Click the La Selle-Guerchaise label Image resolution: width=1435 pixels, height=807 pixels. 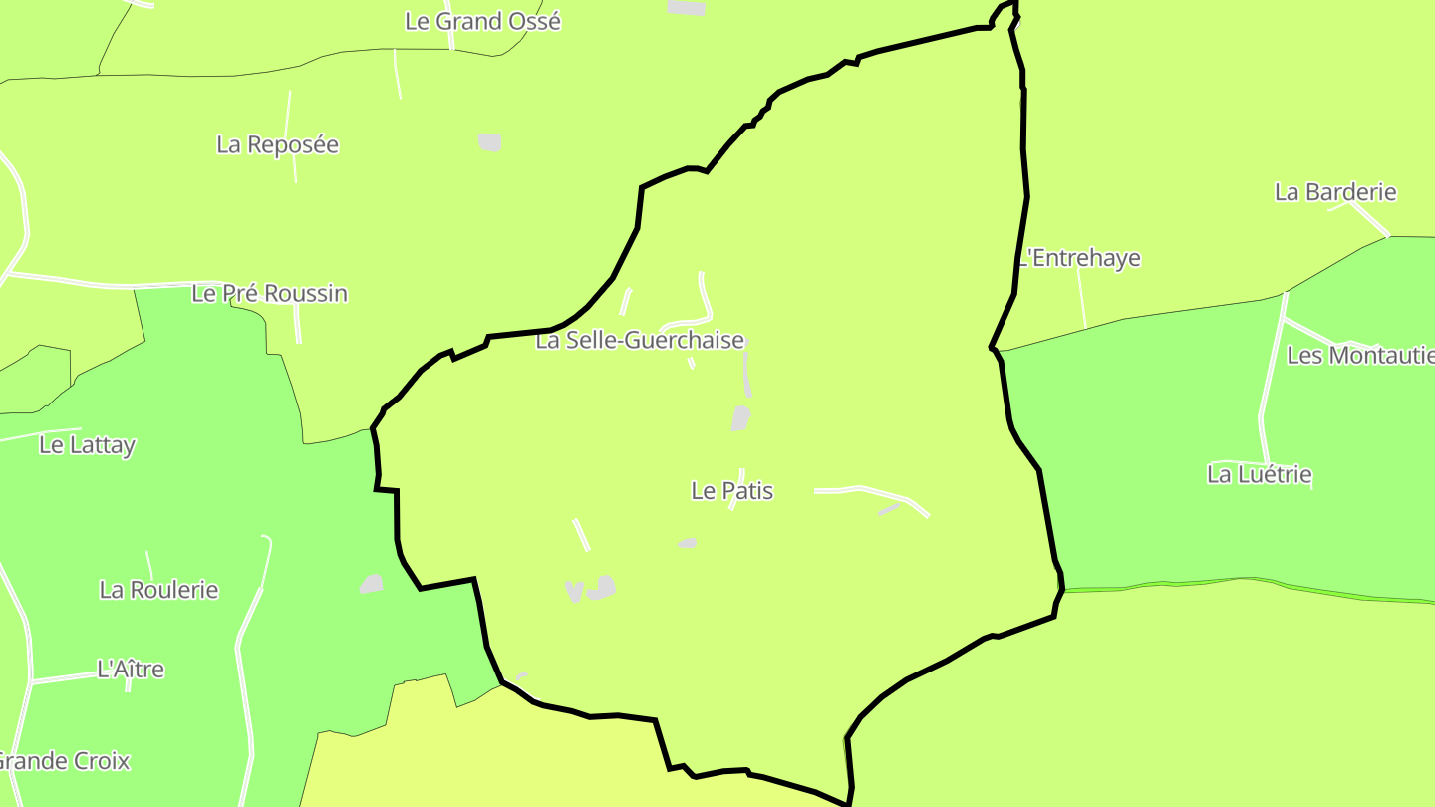pos(640,341)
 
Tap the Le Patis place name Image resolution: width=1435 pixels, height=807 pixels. pos(731,491)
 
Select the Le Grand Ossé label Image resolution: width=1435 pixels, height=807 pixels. pos(482,21)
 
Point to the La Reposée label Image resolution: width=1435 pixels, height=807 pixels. pos(277,145)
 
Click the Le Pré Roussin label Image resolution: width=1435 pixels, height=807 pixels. pos(269,294)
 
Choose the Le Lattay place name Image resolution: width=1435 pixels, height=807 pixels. pos(87,445)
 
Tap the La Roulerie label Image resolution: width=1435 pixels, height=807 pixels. pos(158,590)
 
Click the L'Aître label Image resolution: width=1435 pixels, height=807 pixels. pos(131,670)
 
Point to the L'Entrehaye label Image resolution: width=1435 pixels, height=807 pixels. pos(1080,259)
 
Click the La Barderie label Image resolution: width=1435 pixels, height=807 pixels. pos(1335,192)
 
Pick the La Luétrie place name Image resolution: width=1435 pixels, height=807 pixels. pos(1259,475)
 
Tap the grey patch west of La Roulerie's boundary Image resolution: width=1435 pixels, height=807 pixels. pos(372,584)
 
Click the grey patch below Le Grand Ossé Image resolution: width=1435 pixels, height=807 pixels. pos(489,141)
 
